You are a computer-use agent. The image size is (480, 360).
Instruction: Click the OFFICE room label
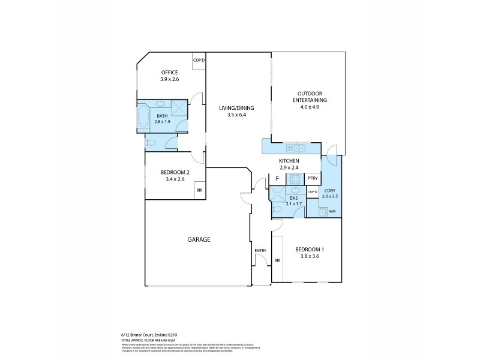169,73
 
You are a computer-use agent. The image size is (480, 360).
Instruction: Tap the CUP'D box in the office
199,61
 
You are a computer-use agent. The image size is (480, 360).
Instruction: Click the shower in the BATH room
179,107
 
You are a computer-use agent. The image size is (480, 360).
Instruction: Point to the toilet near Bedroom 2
152,143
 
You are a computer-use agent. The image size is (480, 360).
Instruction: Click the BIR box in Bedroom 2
199,191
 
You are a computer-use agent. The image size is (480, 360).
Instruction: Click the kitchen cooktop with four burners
295,178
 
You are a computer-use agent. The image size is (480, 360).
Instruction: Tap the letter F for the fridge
277,178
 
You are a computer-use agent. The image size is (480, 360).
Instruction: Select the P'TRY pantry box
312,178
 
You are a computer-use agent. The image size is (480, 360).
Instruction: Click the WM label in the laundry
331,211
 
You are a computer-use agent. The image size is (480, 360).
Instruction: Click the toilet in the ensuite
278,209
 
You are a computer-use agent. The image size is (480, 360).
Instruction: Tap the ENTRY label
260,251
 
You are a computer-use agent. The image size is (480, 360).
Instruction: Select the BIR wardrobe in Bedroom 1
277,260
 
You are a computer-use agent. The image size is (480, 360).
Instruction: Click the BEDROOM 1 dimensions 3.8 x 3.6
310,256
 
